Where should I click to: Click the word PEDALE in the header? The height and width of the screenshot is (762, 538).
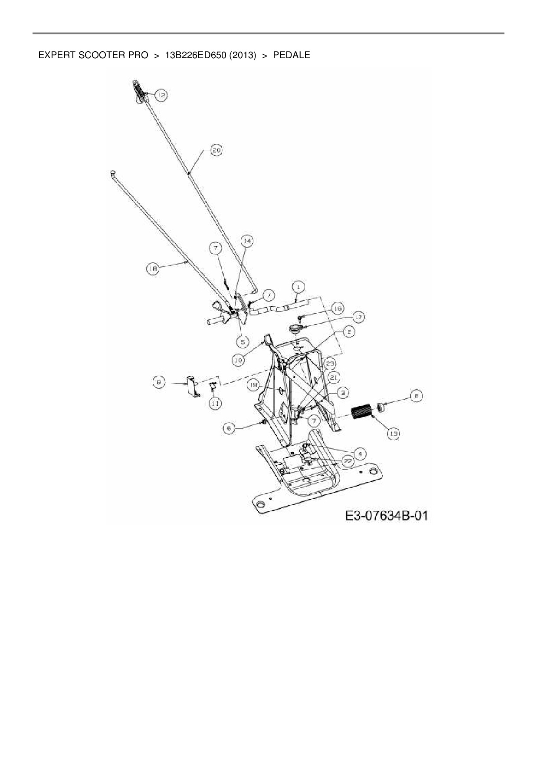tap(291, 55)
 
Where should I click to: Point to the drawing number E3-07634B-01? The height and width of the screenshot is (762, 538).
tap(386, 516)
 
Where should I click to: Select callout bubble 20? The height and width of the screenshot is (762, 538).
tap(216, 150)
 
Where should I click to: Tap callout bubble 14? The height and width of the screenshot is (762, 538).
tap(246, 241)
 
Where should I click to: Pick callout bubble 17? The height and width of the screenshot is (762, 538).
tap(358, 317)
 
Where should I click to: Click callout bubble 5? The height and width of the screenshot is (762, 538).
tap(243, 341)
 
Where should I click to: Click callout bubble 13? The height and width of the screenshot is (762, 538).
tap(393, 433)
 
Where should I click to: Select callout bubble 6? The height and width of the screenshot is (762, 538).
tap(230, 428)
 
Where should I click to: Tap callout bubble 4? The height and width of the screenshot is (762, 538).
tap(360, 454)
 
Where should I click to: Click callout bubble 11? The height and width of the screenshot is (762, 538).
tap(215, 403)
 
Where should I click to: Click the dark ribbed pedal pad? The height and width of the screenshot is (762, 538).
tap(362, 412)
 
